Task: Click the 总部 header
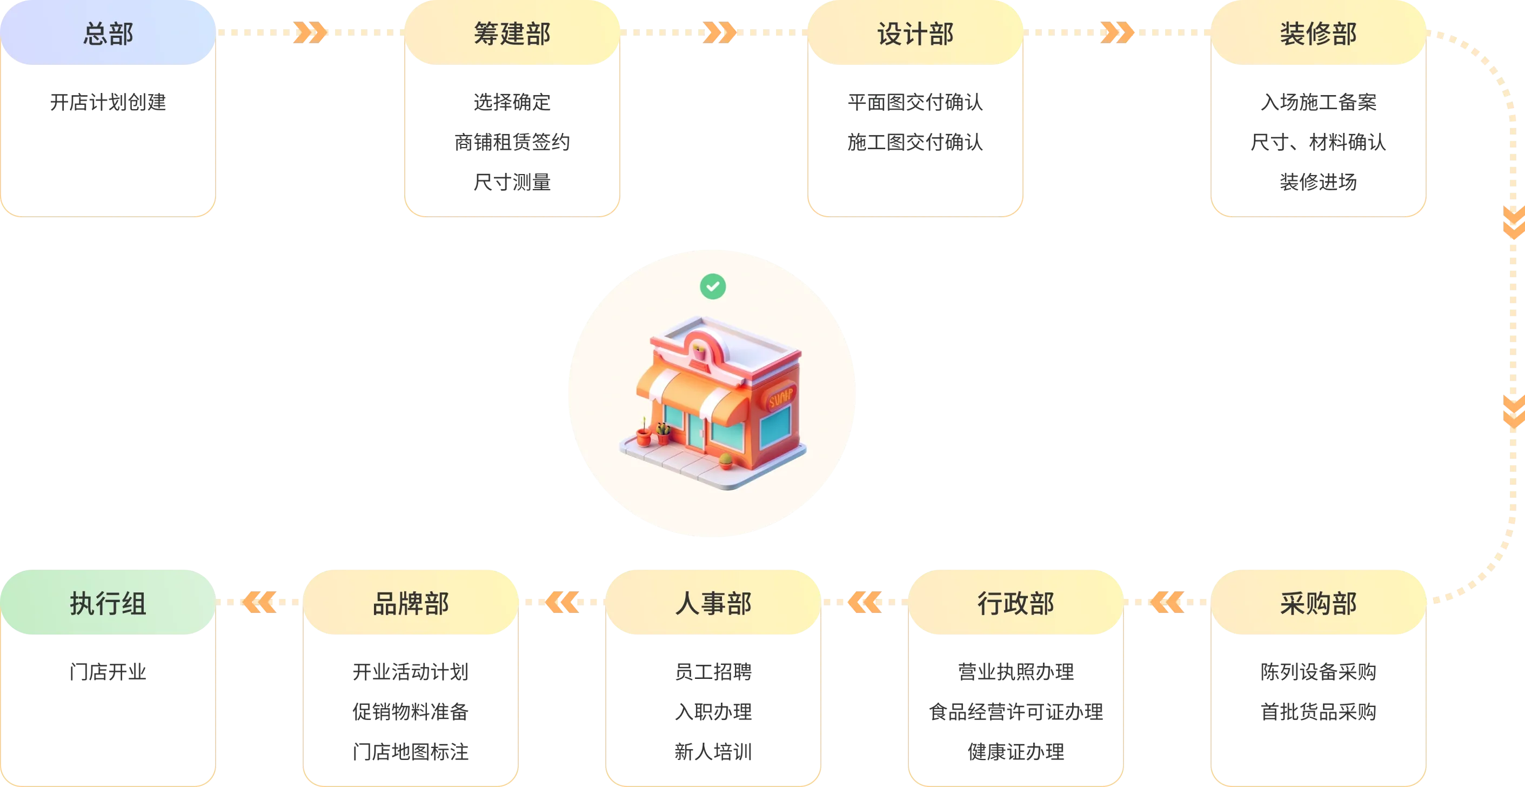coord(108,33)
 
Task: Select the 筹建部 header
coord(512,33)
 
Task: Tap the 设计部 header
coord(915,33)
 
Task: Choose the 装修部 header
coord(1319,33)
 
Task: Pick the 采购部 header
coord(1319,603)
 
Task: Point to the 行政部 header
coord(1016,603)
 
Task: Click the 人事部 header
coord(713,603)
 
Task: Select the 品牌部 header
coord(411,603)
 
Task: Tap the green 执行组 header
coord(108,603)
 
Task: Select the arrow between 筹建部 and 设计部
coord(718,32)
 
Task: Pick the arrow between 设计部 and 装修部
coord(1116,32)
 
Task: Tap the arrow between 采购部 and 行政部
coord(1167,602)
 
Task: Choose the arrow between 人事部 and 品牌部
coord(562,602)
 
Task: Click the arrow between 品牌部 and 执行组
coord(259,602)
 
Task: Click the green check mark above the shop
coord(713,286)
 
